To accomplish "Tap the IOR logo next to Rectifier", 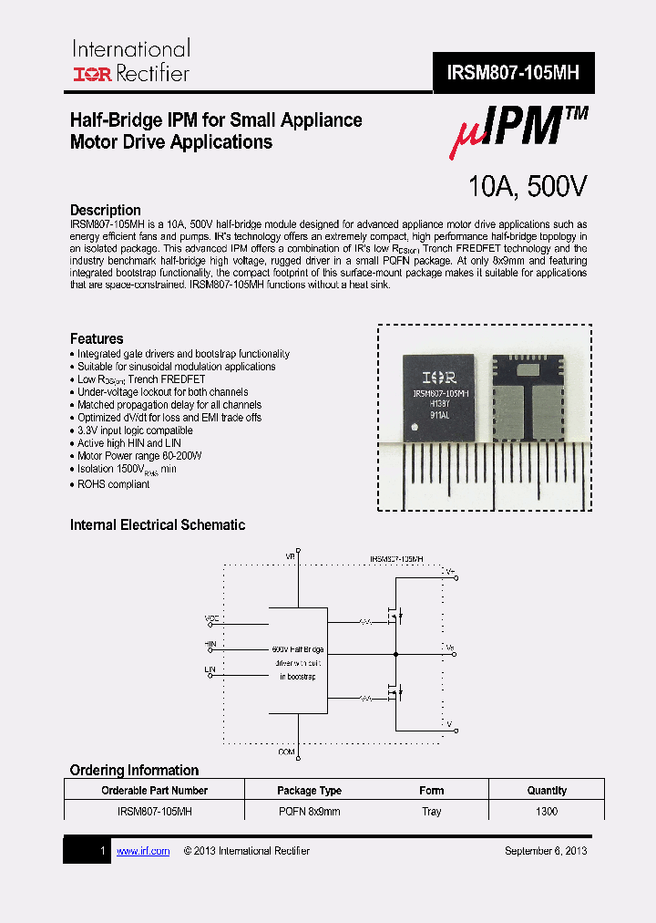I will tap(92, 74).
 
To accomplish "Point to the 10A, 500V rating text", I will tap(528, 187).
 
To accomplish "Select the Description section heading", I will tap(106, 210).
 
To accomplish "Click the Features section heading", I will tap(97, 338).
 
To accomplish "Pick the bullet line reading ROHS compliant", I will tap(113, 484).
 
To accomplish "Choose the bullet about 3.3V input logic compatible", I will tap(134, 430).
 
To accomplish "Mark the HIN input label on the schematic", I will tap(210, 644).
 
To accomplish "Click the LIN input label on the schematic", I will tap(210, 670).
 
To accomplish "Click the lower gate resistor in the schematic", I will tap(364, 699).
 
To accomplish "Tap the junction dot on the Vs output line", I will tap(395, 653).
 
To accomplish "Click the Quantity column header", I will tap(547, 791).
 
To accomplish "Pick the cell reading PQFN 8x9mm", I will tap(309, 811).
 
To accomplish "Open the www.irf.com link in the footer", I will tap(143, 851).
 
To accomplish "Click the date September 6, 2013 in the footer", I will tap(546, 851).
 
